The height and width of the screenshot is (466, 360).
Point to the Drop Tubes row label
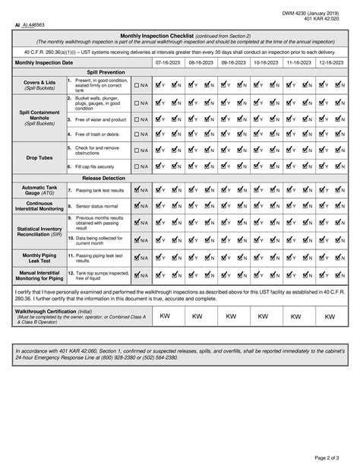(39, 157)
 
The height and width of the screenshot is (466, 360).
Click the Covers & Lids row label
(39, 84)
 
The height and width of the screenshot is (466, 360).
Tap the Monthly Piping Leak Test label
(39, 258)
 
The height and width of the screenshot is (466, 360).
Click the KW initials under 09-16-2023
(232, 315)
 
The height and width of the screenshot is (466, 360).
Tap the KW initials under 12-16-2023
(329, 315)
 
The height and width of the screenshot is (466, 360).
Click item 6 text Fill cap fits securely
(96, 166)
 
